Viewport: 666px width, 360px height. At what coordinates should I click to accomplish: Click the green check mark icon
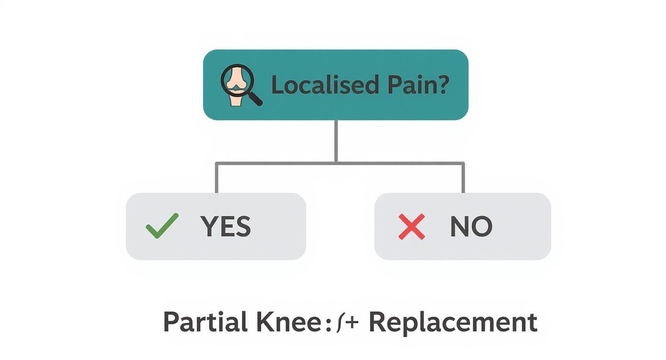[x=161, y=226]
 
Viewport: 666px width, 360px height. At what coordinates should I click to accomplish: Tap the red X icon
[x=411, y=226]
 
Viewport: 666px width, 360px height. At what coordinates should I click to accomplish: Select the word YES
[x=225, y=226]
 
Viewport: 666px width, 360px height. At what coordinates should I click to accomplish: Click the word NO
[x=471, y=226]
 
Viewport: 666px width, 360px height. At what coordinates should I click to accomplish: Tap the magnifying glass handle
[x=255, y=98]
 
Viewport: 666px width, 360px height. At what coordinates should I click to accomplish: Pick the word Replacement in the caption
[x=453, y=322]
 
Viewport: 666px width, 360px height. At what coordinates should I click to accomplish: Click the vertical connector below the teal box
[x=336, y=141]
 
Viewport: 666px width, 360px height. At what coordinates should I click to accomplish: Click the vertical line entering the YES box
[x=216, y=178]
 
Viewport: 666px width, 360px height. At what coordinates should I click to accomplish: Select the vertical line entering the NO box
[x=463, y=178]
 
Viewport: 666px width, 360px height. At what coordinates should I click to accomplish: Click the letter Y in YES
[x=209, y=226]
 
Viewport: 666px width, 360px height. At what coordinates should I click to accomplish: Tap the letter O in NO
[x=482, y=226]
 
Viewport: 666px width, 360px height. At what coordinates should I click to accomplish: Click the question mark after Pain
[x=443, y=85]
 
